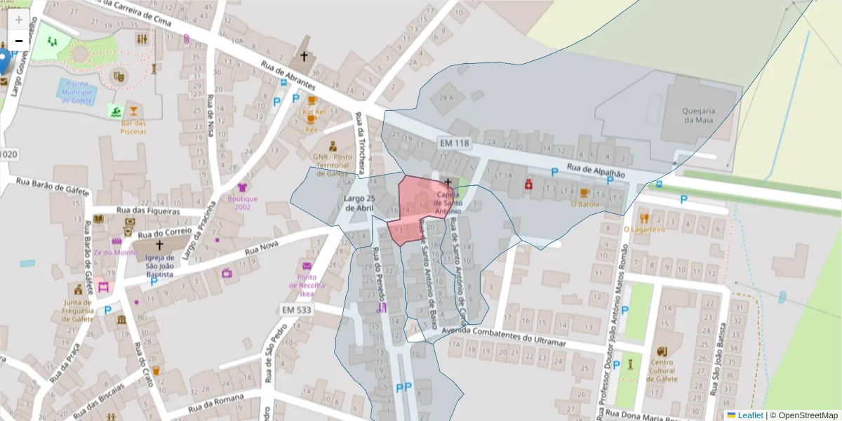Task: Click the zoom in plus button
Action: pos(19,20)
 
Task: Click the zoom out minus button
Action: pos(19,41)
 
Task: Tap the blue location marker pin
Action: pos(4,60)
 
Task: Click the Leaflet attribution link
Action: pos(749,415)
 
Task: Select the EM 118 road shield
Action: pos(453,143)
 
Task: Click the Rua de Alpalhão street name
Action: pos(596,169)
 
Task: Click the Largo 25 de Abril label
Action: pos(361,203)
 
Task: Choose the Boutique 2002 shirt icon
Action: pos(243,187)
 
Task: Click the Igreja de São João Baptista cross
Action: pos(159,246)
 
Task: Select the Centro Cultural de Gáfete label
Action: pos(661,371)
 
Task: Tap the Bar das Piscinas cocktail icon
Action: pos(133,110)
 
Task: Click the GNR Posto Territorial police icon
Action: pos(332,147)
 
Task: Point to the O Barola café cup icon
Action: pos(584,193)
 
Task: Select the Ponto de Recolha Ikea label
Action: pos(307,281)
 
